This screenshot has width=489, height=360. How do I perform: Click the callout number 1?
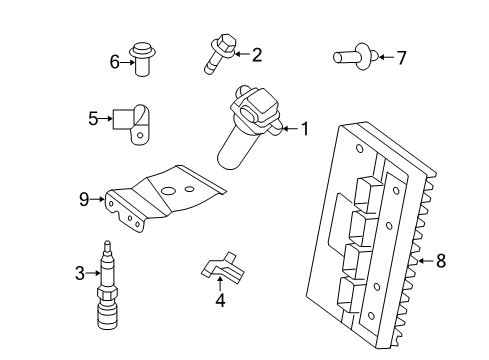(x=306, y=128)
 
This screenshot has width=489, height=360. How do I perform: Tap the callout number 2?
(x=257, y=54)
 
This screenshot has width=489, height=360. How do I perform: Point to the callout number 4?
(x=222, y=298)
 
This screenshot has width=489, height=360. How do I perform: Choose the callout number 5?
(x=93, y=119)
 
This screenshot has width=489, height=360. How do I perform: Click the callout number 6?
(x=114, y=62)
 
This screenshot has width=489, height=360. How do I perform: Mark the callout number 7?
(x=401, y=58)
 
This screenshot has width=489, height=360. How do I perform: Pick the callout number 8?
(x=441, y=262)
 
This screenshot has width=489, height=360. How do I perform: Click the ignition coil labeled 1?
(x=250, y=125)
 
